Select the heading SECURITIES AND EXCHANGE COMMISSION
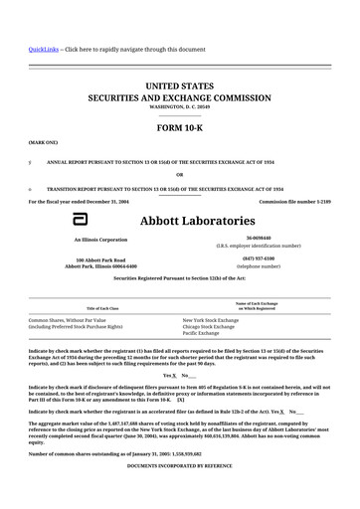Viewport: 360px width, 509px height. (x=179, y=100)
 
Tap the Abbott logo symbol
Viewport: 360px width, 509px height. (x=67, y=220)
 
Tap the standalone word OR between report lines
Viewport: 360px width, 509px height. (x=179, y=174)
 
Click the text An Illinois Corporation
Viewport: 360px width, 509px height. (x=100, y=240)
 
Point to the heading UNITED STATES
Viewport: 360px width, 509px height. (x=179, y=86)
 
